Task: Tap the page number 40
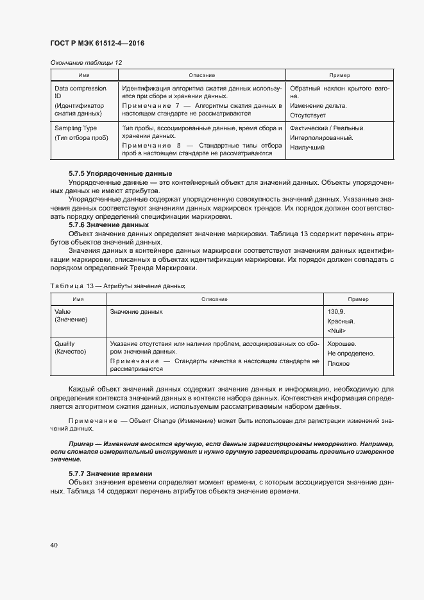[x=53, y=545]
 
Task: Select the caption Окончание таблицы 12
[x=85, y=62]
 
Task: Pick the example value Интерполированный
[x=321, y=137]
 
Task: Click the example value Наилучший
[x=307, y=148]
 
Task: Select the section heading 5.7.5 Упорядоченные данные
[x=120, y=174]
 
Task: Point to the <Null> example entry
[x=337, y=330]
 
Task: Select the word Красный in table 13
[x=341, y=321]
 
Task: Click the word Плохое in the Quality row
[x=339, y=363]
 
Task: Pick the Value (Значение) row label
[x=71, y=315]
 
